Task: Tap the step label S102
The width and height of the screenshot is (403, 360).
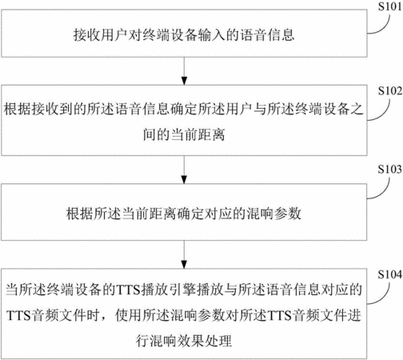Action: tap(389, 91)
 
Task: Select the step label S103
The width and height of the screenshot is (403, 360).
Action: tap(389, 170)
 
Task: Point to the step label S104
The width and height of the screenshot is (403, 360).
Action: tap(389, 274)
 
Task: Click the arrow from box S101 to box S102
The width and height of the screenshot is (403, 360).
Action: tap(184, 71)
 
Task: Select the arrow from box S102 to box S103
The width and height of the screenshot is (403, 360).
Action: tap(184, 170)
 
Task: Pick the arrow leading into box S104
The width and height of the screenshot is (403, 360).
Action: tap(184, 254)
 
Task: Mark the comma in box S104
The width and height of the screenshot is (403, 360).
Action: tap(106, 318)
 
